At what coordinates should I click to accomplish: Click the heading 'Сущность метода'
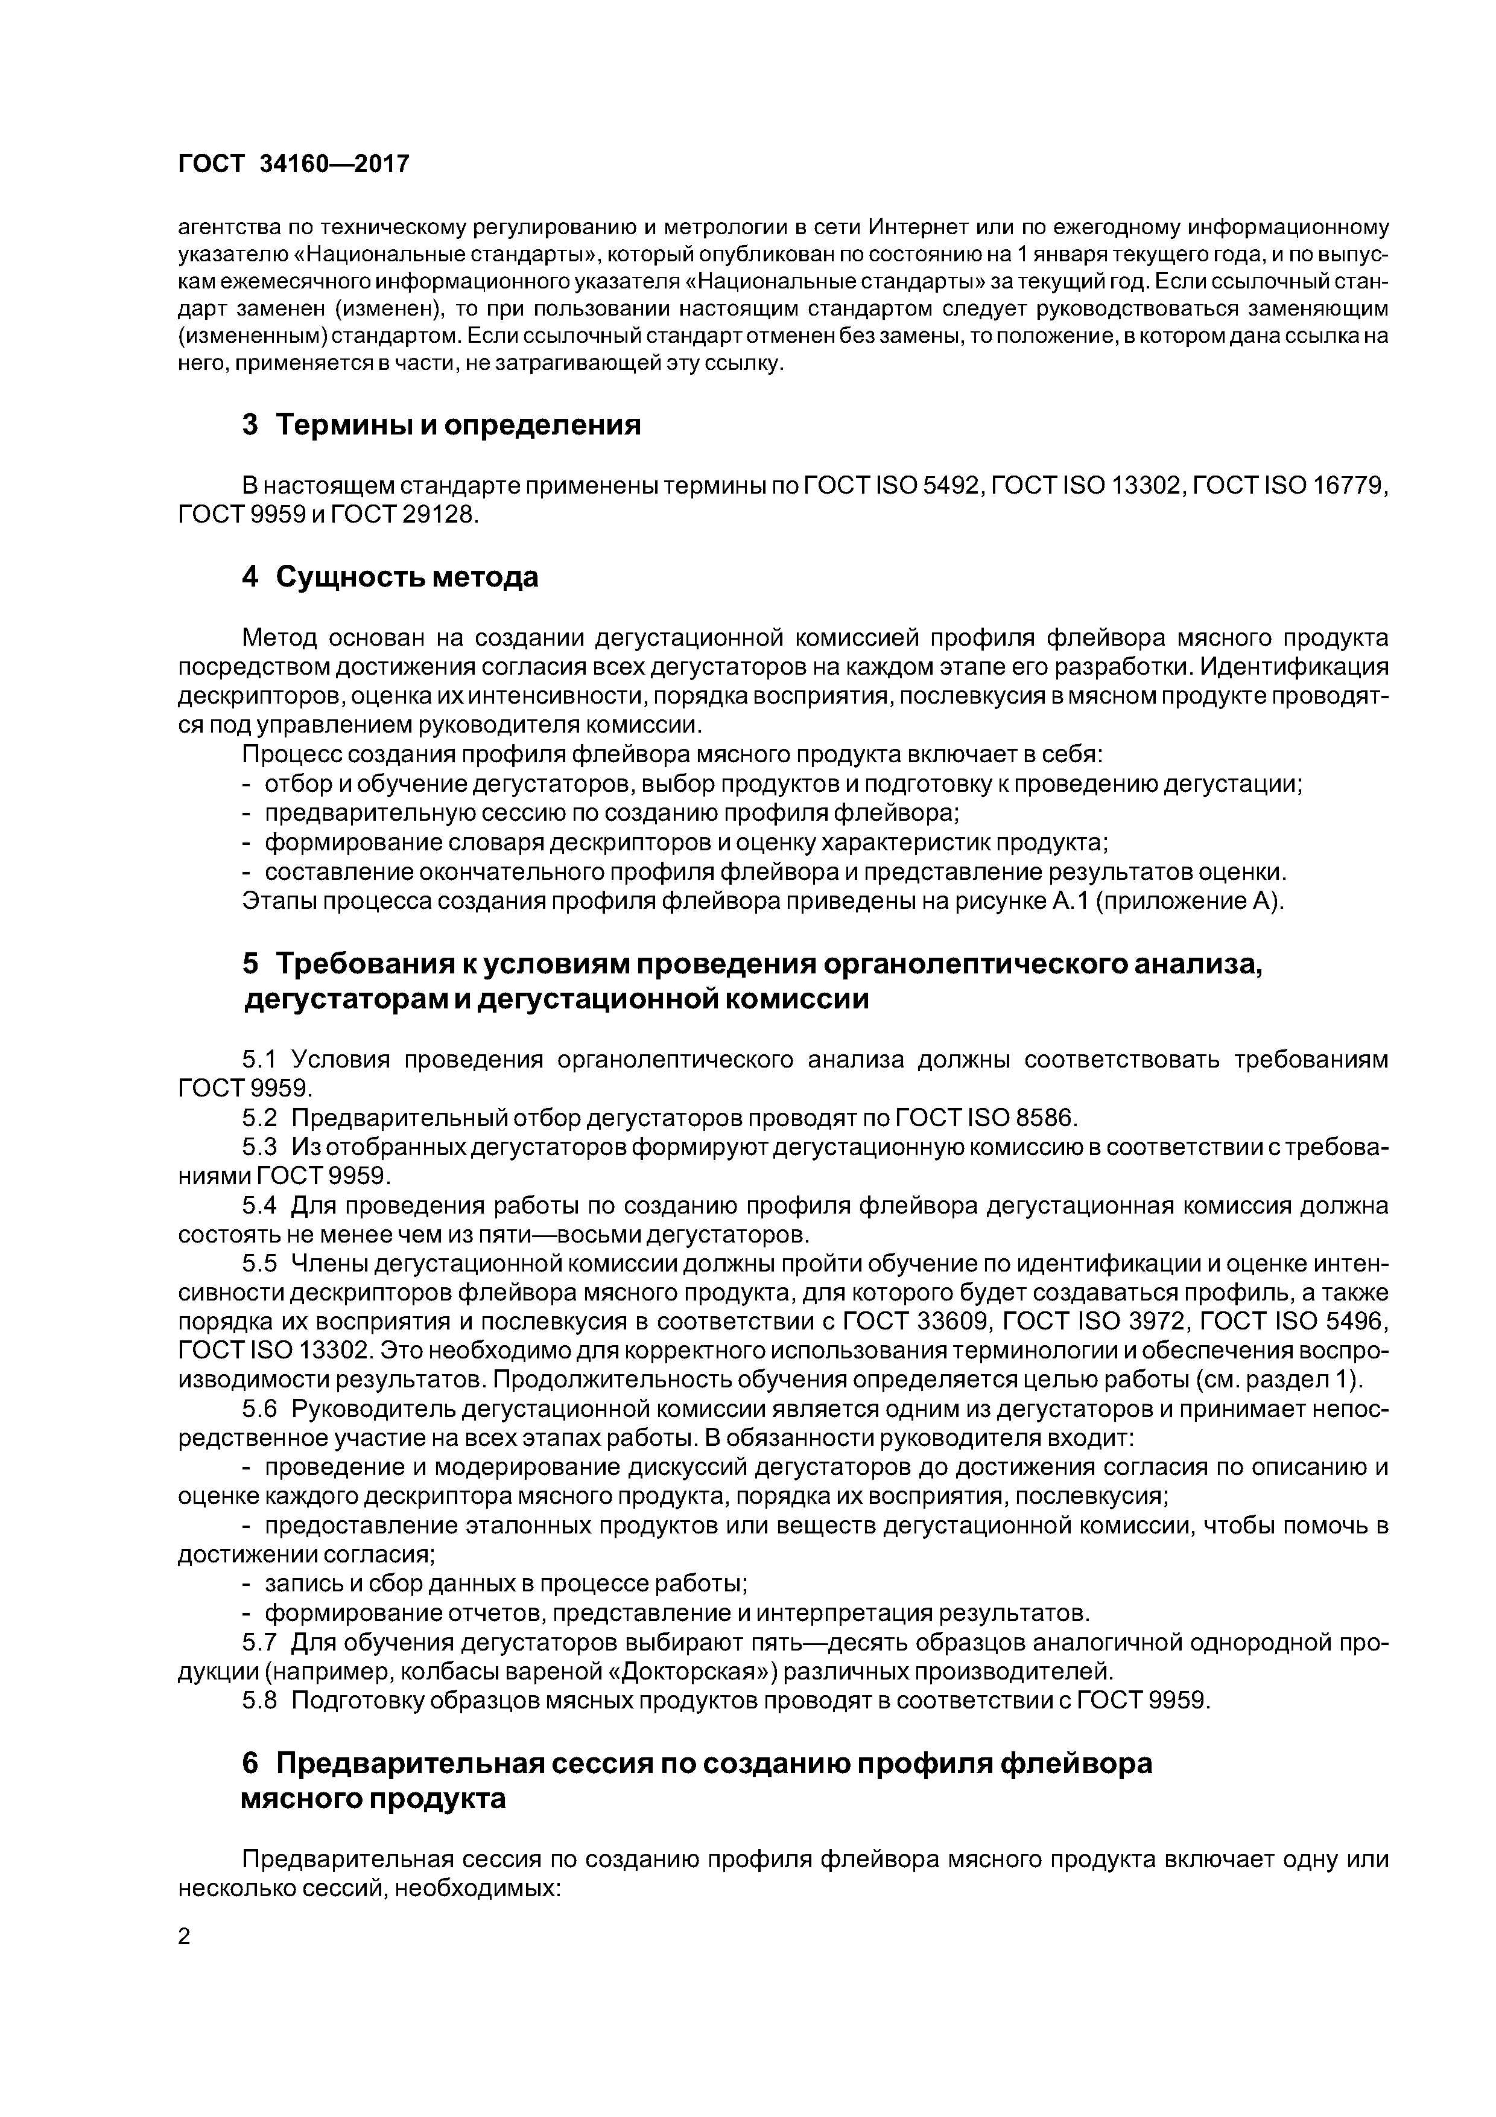click(x=407, y=577)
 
